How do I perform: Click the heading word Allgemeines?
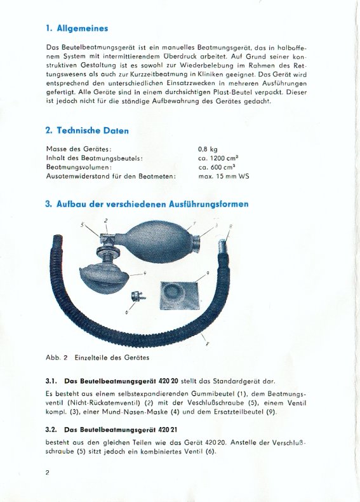[x=83, y=29]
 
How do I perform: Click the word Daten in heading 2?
[x=116, y=131]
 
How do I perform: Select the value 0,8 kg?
[x=208, y=149]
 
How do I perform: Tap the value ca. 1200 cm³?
[x=218, y=158]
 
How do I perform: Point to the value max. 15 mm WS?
[x=223, y=176]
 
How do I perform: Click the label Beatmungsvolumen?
[x=79, y=167]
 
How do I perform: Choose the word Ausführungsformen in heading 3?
[x=208, y=204]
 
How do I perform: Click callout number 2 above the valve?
[x=106, y=220]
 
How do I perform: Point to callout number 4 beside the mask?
[x=145, y=273]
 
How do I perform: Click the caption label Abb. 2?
[x=57, y=358]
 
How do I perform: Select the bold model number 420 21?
[x=168, y=430]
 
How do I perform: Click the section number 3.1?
[x=51, y=381]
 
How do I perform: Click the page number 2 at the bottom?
[x=48, y=473]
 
